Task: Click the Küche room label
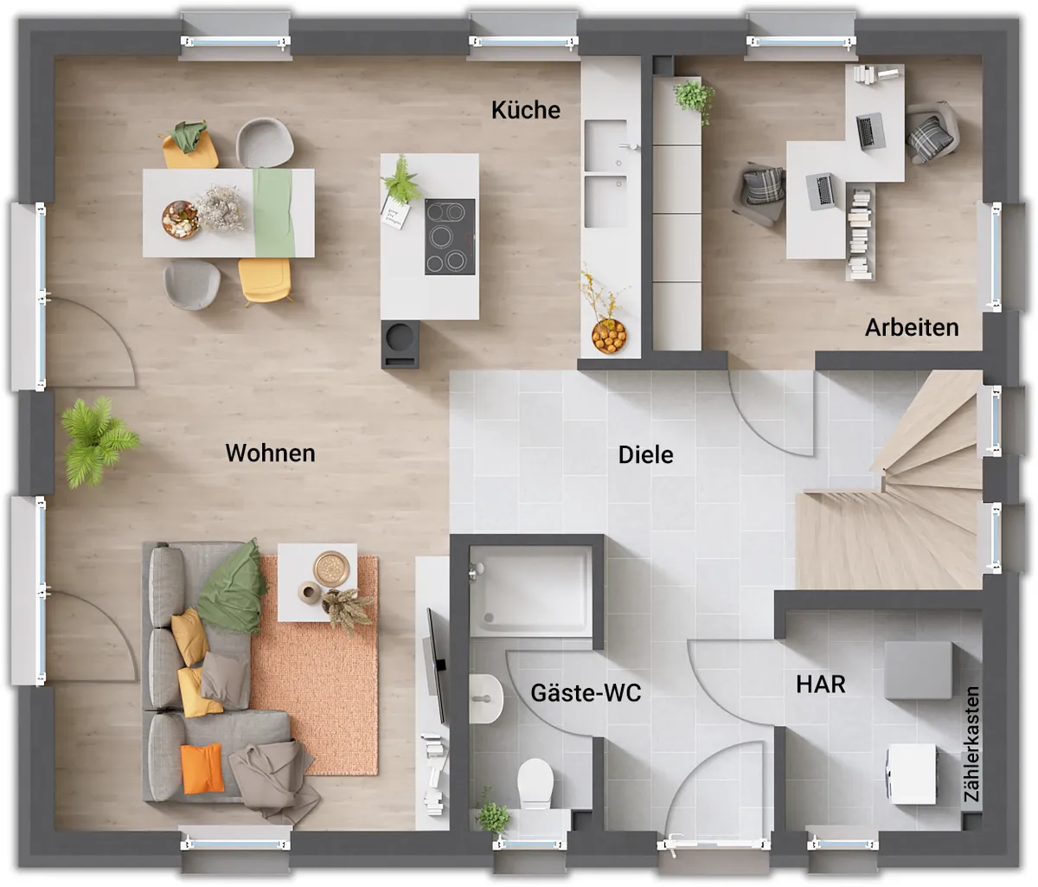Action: pos(526,110)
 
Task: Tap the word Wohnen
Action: pos(270,453)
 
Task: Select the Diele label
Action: pos(646,454)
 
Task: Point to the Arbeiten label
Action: pos(912,327)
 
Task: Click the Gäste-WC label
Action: pos(586,693)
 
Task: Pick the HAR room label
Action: pos(821,685)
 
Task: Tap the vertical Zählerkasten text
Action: pos(971,744)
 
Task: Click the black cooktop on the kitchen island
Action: pos(450,236)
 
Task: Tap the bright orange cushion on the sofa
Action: pos(202,768)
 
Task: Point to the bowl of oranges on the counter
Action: pos(609,336)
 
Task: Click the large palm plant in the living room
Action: pos(99,441)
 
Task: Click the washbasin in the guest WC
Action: pos(485,698)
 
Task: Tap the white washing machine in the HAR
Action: pos(911,774)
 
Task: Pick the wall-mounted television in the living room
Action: pos(436,665)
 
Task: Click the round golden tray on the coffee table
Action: pos(331,569)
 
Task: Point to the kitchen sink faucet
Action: pos(630,146)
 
